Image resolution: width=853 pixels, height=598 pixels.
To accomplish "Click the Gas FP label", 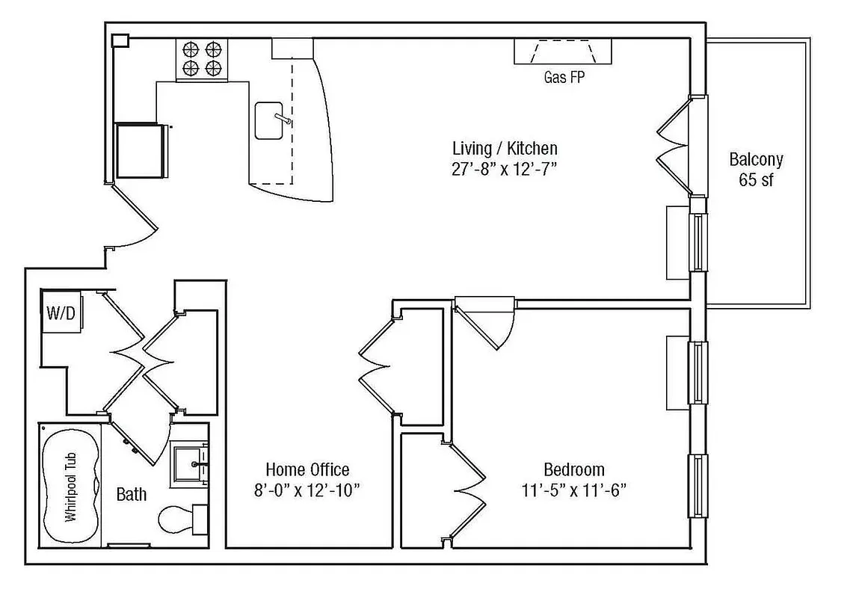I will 564,77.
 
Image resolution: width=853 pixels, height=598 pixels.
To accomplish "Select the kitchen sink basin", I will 268,120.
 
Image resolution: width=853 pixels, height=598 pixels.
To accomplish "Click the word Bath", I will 132,495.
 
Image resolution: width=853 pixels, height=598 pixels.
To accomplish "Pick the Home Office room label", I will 307,469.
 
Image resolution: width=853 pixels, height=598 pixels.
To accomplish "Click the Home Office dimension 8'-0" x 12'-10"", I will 307,490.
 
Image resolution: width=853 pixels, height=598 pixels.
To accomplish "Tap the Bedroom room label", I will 573,469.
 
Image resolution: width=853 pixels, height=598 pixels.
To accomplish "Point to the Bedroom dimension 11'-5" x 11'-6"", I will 573,490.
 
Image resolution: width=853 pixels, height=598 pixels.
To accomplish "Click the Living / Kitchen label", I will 505,148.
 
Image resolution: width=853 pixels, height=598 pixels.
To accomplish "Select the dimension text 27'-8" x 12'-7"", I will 505,169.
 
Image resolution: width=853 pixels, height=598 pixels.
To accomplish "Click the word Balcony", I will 756,159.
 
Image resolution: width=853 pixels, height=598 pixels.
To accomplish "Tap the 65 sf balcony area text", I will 756,180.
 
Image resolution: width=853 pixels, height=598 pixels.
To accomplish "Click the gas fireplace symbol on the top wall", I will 563,52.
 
